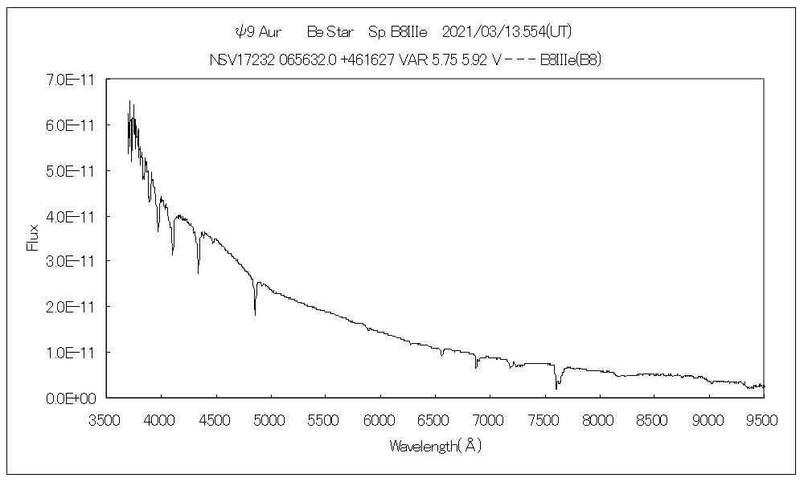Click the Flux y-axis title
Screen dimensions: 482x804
point(33,239)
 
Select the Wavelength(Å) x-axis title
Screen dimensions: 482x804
point(435,445)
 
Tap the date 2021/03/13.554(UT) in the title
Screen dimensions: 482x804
point(507,31)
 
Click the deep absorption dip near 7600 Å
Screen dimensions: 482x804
point(556,388)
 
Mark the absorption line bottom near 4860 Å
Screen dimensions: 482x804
point(255,314)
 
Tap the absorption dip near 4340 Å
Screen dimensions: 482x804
point(199,272)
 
